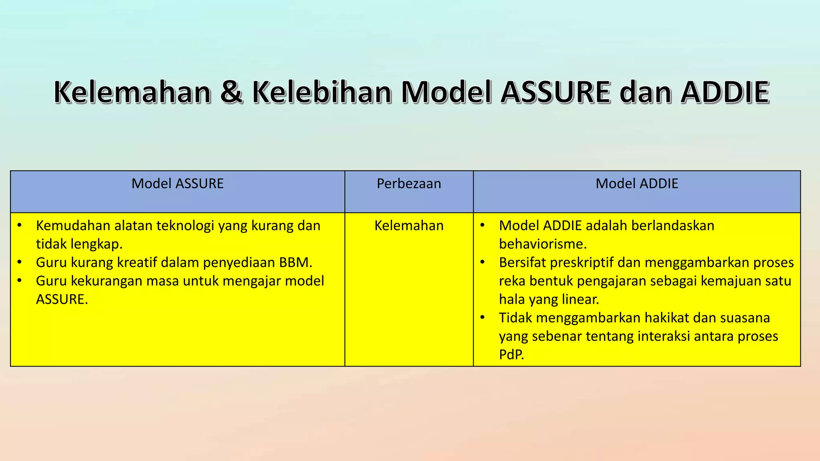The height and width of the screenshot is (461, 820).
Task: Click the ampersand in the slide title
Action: click(231, 92)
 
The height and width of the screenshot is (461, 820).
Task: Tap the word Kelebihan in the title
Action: click(322, 92)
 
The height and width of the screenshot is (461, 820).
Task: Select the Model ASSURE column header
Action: click(177, 184)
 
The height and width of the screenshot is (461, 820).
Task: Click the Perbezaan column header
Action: click(409, 184)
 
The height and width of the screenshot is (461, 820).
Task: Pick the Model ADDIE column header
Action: click(637, 184)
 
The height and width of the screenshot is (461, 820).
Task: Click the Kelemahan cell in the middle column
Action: click(409, 226)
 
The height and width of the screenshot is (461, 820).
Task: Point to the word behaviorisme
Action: click(543, 244)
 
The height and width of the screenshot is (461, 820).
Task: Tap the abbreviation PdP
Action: click(511, 355)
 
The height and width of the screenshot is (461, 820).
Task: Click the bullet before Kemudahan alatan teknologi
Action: click(19, 226)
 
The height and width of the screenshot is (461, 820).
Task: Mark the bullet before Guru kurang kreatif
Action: click(19, 263)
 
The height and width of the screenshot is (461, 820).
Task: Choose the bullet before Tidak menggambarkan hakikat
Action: click(482, 318)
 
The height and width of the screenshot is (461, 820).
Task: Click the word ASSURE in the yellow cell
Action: click(61, 299)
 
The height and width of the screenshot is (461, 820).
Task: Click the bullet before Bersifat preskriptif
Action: click(482, 263)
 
